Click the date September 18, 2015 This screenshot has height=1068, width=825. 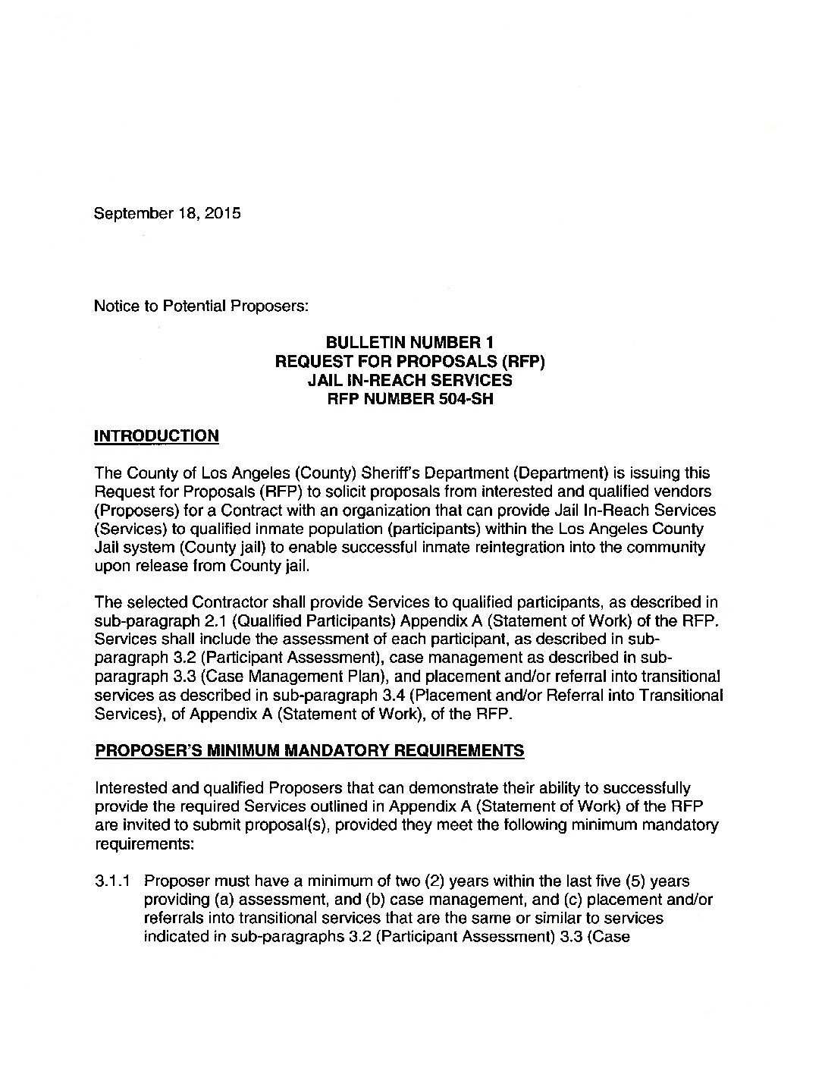[x=167, y=213]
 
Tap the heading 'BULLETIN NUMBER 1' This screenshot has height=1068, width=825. [x=409, y=343]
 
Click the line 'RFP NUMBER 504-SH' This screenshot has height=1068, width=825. [x=409, y=398]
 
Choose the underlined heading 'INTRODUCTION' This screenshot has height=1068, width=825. [x=155, y=435]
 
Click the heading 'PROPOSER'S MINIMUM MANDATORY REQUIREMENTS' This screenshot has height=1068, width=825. [x=309, y=751]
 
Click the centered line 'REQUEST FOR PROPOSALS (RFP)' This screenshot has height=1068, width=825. [x=409, y=361]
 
